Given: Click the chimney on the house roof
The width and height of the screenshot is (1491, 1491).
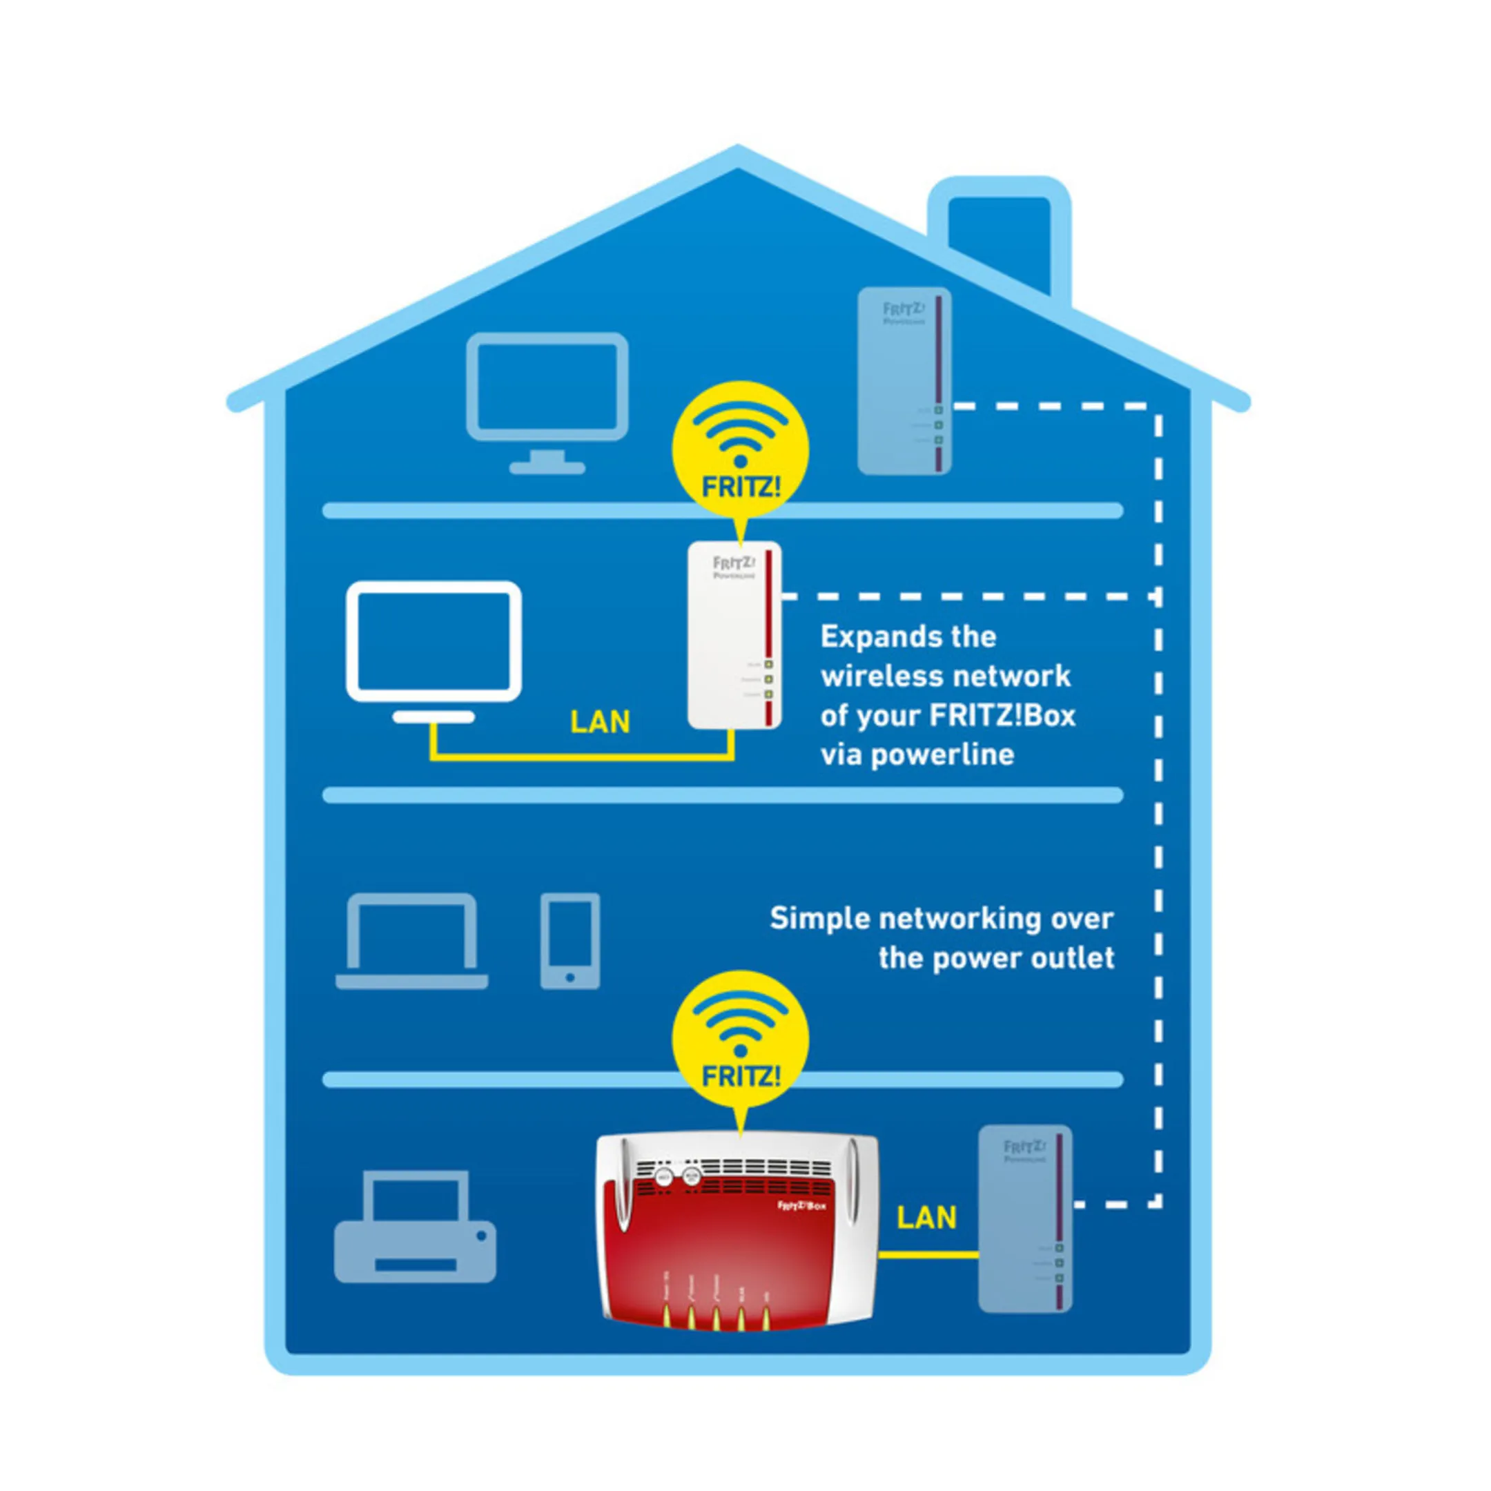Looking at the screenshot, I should point(1000,240).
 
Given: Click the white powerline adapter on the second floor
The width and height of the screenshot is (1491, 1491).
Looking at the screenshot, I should point(734,634).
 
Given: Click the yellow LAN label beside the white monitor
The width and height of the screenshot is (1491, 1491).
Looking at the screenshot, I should point(600,722).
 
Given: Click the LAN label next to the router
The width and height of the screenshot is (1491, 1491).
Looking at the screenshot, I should point(926,1218).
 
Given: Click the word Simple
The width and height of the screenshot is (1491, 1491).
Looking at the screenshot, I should point(819,919).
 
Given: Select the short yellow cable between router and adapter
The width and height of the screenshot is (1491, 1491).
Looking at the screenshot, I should point(928,1256).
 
